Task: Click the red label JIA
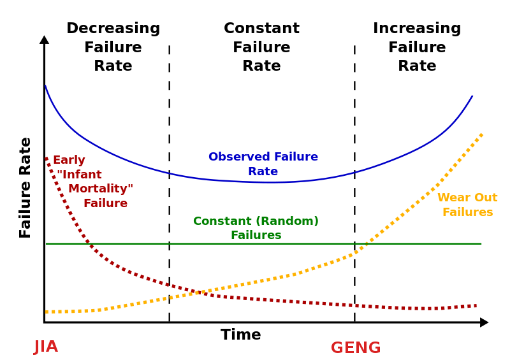point(46,347)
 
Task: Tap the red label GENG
point(355,349)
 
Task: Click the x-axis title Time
point(240,335)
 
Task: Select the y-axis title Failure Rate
point(25,187)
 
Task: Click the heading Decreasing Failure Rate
point(113,47)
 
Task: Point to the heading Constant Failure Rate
point(261,47)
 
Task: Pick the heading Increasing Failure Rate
point(417,47)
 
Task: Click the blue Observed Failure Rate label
point(263,164)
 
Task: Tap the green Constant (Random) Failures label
point(256,228)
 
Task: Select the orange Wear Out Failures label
point(467,205)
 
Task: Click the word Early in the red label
point(69,161)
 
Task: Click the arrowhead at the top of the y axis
point(44,40)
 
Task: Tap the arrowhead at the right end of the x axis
point(484,322)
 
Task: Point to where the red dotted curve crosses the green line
point(87,243)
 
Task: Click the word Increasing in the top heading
point(417,29)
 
